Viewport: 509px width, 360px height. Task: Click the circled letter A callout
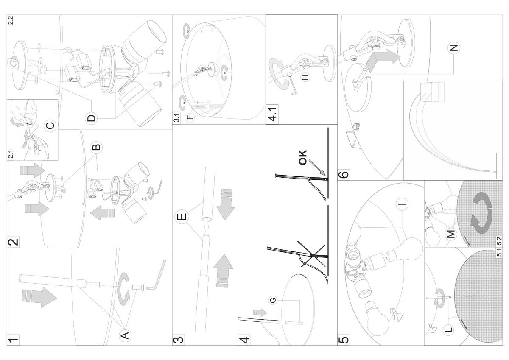pos(125,335)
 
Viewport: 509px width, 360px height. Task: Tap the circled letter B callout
pos(97,147)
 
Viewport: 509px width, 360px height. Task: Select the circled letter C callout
pos(50,126)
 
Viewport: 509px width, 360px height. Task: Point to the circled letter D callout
pos(92,117)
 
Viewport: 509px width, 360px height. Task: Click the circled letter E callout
pos(181,217)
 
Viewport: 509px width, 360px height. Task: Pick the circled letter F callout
pos(189,117)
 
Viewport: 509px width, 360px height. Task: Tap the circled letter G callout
pos(273,300)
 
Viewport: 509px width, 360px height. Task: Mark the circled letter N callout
pos(454,47)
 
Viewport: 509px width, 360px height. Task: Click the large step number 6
pos(344,174)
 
